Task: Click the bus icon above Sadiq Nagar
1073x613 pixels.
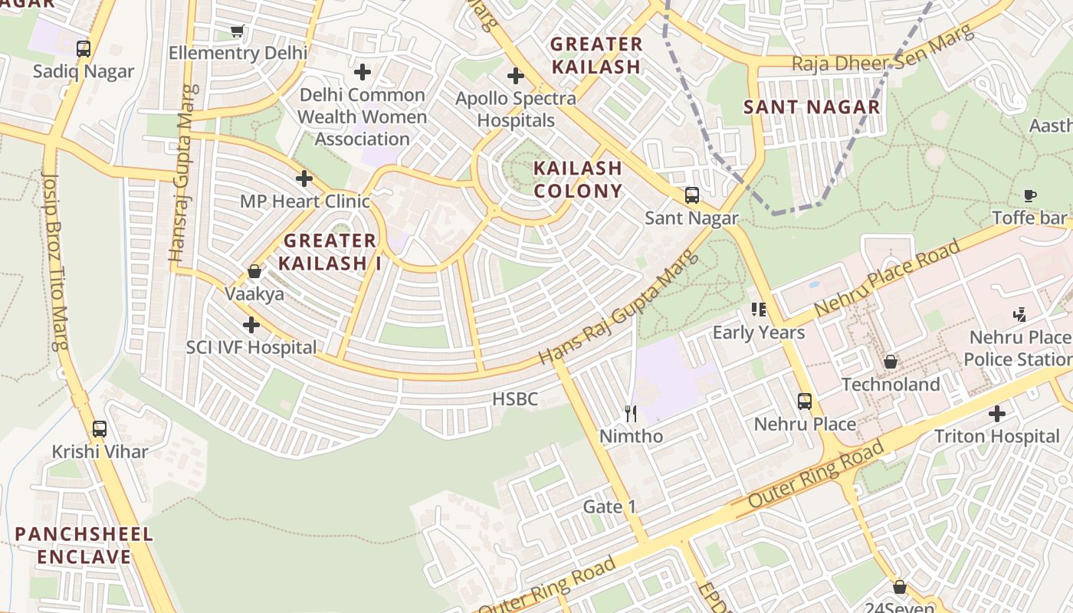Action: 84,49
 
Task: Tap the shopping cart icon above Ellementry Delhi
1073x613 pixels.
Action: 238,31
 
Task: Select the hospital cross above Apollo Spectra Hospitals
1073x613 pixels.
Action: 516,76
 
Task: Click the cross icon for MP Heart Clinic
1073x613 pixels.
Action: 304,179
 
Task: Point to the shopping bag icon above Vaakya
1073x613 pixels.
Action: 254,272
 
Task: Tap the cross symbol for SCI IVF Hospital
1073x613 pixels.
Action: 251,325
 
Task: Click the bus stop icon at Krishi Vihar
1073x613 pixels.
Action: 100,429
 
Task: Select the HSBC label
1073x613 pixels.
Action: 515,398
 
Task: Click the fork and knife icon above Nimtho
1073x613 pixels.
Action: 631,414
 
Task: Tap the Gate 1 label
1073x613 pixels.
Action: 610,506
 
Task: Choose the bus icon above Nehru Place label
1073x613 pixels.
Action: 805,402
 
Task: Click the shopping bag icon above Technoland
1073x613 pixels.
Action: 891,362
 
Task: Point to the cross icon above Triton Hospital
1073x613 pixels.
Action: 996,415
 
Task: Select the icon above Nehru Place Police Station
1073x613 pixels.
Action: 1019,314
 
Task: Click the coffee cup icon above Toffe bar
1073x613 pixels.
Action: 1030,196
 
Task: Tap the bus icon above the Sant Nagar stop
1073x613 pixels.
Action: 692,195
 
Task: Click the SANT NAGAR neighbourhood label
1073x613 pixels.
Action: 812,107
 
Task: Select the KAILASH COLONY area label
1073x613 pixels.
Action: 578,179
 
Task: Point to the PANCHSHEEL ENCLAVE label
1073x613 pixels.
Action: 84,545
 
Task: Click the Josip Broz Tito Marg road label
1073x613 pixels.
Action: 55,261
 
